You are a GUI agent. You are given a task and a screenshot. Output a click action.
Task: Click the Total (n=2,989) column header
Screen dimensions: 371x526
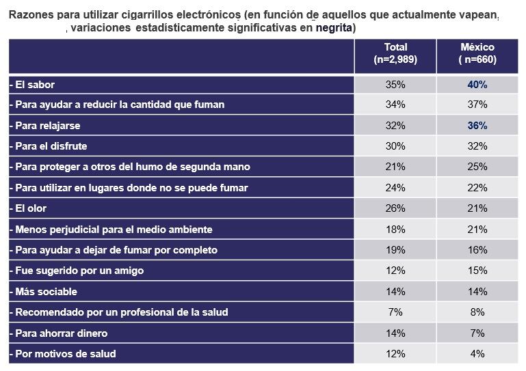point(395,54)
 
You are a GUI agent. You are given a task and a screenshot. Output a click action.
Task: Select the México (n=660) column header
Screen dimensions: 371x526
point(477,54)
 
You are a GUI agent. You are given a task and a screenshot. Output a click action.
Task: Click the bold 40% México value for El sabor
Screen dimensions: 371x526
point(477,85)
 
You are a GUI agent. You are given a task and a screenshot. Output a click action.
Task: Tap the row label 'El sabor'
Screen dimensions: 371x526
point(32,85)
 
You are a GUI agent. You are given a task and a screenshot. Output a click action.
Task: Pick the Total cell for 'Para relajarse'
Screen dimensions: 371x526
point(395,126)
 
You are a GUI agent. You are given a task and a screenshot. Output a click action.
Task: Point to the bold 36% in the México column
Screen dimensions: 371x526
point(477,126)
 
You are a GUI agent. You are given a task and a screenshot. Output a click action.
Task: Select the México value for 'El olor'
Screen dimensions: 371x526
point(477,208)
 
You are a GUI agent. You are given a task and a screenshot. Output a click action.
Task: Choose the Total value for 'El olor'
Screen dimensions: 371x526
point(395,208)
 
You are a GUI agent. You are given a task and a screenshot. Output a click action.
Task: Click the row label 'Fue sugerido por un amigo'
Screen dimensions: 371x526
point(77,271)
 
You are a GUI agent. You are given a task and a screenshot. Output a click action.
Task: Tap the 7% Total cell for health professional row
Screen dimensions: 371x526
point(395,312)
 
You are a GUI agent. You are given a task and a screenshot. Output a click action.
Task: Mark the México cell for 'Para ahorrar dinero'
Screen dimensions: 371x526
point(477,333)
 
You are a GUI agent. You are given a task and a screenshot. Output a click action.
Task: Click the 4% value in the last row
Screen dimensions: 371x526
point(477,354)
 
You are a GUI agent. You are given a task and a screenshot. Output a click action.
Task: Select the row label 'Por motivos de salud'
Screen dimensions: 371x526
point(63,354)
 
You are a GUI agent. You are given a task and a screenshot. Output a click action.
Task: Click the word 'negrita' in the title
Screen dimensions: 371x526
point(333,28)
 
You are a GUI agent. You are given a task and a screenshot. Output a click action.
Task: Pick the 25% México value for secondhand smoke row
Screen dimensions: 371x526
point(477,167)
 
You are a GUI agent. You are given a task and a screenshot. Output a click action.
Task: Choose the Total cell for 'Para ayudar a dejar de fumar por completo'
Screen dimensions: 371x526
point(395,250)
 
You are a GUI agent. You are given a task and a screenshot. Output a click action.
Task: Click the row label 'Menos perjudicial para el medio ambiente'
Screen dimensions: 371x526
point(111,230)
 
